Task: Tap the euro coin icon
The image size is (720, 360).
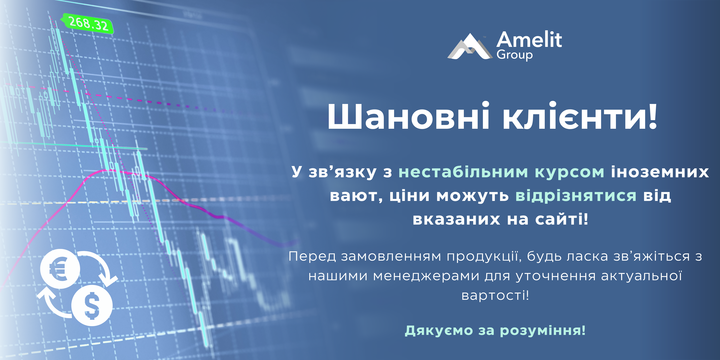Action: click(60, 269)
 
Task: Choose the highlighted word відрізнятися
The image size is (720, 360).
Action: click(576, 196)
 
